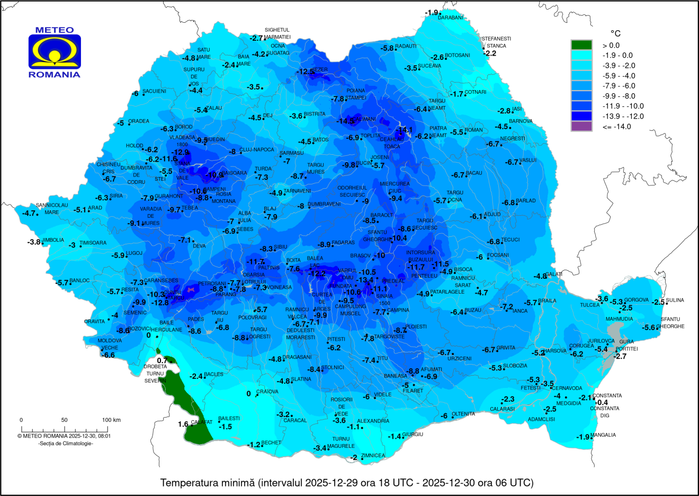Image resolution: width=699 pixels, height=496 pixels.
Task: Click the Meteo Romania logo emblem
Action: coord(55,52)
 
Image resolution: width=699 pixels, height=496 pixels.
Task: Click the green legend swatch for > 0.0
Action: coord(581,45)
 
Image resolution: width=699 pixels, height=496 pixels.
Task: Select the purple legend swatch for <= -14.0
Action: coord(581,126)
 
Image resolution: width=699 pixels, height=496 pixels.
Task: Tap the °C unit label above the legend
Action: coord(615,33)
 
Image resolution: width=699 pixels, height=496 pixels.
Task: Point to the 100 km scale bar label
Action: coord(111,420)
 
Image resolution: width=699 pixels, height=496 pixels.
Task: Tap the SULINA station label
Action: coord(675,300)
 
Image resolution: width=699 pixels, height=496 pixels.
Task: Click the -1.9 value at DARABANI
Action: coord(432,13)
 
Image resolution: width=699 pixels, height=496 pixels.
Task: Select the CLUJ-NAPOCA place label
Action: coord(257,150)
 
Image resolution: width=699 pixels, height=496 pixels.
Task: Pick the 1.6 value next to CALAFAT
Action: coord(183,424)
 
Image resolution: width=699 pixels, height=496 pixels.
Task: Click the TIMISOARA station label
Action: coord(93,243)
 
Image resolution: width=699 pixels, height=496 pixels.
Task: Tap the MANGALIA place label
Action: coord(603,435)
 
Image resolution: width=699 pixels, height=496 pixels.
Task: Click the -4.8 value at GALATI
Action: coord(540,276)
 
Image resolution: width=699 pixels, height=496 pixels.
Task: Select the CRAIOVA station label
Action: coord(267,392)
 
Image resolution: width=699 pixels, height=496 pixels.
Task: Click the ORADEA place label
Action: coord(139,121)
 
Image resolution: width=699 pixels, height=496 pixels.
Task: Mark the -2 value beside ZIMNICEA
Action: coord(354,457)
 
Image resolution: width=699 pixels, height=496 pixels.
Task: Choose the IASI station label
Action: coord(517,109)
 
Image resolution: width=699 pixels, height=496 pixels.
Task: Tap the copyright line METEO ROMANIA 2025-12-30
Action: coord(64,436)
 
